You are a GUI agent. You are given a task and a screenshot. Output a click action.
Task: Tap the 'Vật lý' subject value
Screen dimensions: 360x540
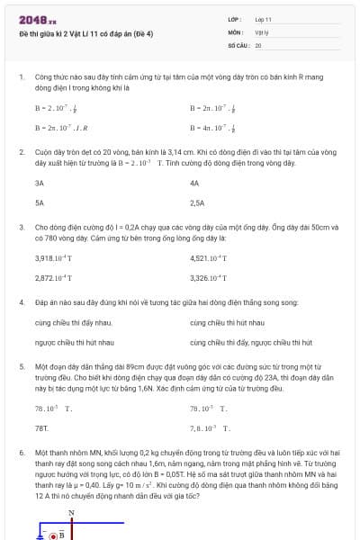262,31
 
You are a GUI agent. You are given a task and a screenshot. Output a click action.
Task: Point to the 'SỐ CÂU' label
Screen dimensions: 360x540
238,44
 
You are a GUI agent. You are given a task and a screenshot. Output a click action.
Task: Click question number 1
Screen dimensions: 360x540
22,78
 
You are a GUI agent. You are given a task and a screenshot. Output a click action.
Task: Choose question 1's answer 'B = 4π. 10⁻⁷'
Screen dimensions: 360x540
213,128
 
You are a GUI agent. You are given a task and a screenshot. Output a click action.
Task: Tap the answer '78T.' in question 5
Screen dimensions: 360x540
41,427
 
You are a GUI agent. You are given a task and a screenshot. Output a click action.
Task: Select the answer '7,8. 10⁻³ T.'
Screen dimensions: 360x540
211,427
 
